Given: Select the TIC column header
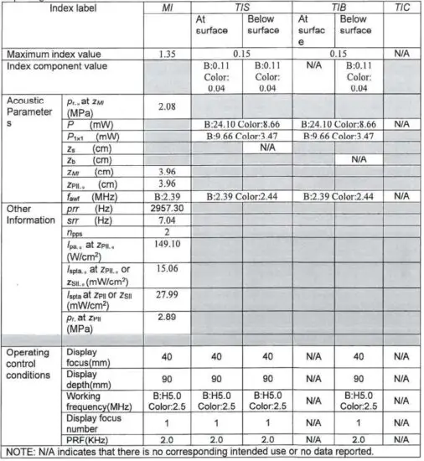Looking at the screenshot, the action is [402, 7].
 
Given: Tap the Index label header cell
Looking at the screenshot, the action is [75, 7].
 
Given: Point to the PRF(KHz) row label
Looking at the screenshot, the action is [93, 438].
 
